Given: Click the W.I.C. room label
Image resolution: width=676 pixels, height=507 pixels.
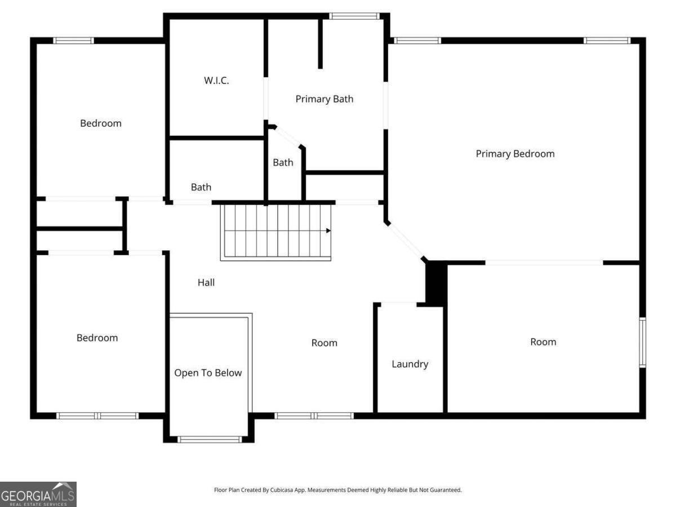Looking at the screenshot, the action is point(216,81).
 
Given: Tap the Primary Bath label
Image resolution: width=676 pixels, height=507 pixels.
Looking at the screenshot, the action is point(324,99).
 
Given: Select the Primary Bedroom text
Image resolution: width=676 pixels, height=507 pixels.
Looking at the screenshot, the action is point(515,154).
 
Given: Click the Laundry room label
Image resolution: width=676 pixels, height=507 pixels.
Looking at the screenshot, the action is point(410,364).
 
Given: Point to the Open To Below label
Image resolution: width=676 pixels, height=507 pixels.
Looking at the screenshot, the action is point(208,373).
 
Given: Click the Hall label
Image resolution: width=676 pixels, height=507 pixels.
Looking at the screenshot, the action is point(206,282).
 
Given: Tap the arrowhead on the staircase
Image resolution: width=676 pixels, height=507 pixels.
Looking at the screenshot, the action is point(328,230).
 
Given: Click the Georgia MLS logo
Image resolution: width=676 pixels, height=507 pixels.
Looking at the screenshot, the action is point(38,494).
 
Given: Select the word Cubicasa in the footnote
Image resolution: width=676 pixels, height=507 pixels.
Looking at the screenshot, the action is point(282,490).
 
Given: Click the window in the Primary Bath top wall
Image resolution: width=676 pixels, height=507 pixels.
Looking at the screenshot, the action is point(354,16).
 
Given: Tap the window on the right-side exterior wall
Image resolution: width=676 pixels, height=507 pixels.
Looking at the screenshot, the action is point(642,343).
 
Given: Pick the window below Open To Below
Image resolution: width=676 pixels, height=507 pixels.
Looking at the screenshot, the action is point(210,439).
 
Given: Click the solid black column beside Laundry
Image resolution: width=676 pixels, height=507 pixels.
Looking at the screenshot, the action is point(436,283).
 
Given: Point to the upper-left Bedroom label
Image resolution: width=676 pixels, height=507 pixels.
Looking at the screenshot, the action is point(101,123).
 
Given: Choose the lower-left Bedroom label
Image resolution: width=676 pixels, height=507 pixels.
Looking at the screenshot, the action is point(97,337).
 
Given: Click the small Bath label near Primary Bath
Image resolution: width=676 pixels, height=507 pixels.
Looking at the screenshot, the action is point(283,162).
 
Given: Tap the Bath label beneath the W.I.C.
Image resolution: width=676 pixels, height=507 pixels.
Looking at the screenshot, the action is point(201,187).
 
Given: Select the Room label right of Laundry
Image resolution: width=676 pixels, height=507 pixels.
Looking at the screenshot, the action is point(543,342).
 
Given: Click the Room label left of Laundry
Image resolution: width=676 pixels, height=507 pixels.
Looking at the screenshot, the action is point(324,343).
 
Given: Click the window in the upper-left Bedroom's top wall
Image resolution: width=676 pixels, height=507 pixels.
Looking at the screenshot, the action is point(74,41).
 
